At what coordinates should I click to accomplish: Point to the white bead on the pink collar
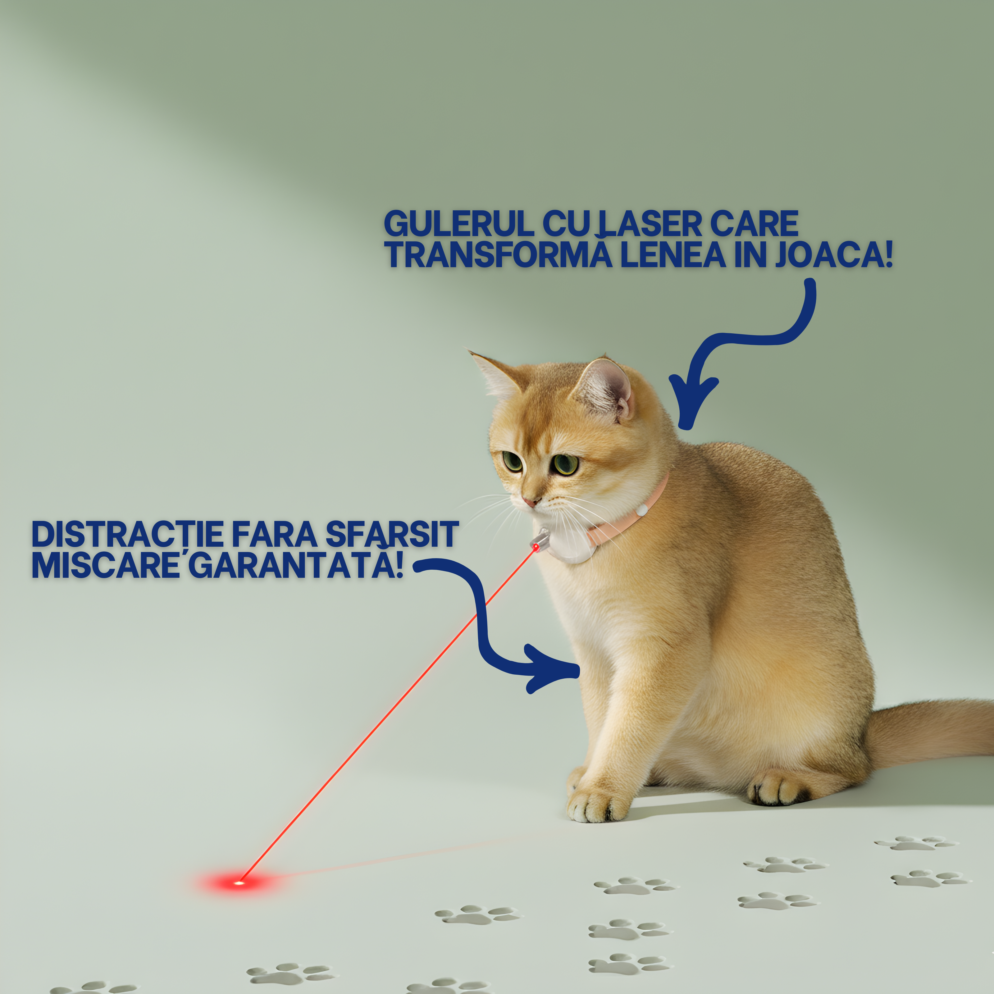[x=642, y=511]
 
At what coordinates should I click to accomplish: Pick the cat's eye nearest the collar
[x=565, y=463]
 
